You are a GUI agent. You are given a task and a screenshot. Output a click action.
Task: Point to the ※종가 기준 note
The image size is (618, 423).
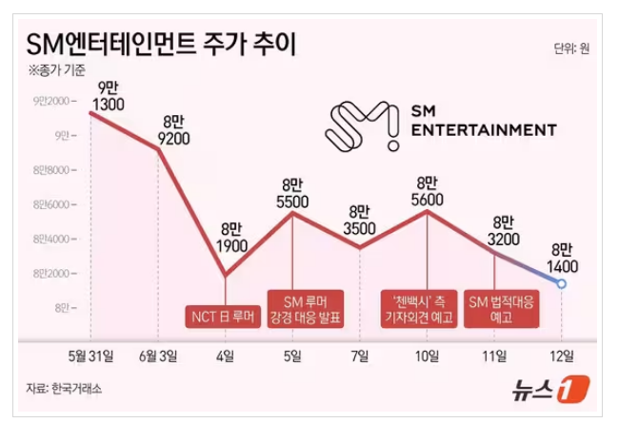pyautogui.click(x=56, y=70)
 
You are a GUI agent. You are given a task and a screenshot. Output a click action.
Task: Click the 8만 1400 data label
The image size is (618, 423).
pyautogui.click(x=562, y=258)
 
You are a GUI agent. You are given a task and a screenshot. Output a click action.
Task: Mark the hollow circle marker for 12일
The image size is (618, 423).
pyautogui.click(x=562, y=283)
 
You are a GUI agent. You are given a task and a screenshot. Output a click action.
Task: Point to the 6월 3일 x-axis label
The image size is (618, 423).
pyautogui.click(x=158, y=356)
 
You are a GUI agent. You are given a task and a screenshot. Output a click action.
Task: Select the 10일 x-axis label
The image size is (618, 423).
pyautogui.click(x=428, y=356)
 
